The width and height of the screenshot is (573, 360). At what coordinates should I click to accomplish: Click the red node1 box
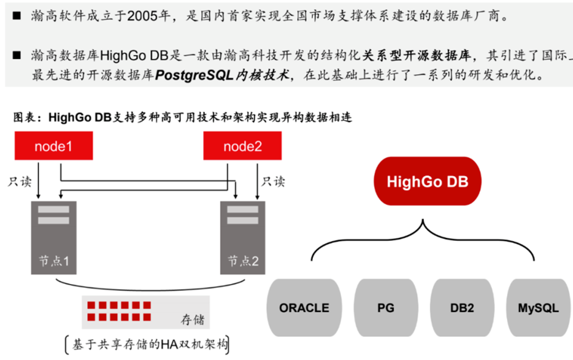[54, 146]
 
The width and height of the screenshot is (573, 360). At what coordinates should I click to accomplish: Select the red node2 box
[242, 146]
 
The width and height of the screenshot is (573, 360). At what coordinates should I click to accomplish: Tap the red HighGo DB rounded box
[427, 182]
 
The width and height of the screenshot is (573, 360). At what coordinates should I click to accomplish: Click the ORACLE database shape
[304, 308]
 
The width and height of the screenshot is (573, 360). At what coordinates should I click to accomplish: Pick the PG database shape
[386, 308]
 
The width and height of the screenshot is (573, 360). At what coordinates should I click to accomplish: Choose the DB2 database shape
[462, 308]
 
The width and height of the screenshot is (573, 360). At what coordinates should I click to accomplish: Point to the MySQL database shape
[538, 308]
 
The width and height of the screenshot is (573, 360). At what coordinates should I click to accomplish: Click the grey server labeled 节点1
[54, 237]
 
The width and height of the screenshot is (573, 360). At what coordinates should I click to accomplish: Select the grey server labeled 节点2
[243, 237]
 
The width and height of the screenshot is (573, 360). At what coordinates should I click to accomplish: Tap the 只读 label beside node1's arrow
[20, 182]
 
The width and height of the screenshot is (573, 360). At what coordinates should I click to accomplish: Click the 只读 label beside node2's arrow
[274, 182]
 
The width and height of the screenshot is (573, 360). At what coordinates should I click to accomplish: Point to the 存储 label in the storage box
[193, 320]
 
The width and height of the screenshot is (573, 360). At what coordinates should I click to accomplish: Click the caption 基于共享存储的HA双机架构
[150, 344]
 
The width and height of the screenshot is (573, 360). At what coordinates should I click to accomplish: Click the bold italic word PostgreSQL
[194, 75]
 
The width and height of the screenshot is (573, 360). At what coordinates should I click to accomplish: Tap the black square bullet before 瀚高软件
[17, 16]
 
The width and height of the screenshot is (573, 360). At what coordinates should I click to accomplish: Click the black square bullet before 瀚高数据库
[17, 55]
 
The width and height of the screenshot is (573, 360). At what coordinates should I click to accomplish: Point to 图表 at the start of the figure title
[24, 117]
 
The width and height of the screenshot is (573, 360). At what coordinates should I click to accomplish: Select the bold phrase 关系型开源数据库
[416, 55]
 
